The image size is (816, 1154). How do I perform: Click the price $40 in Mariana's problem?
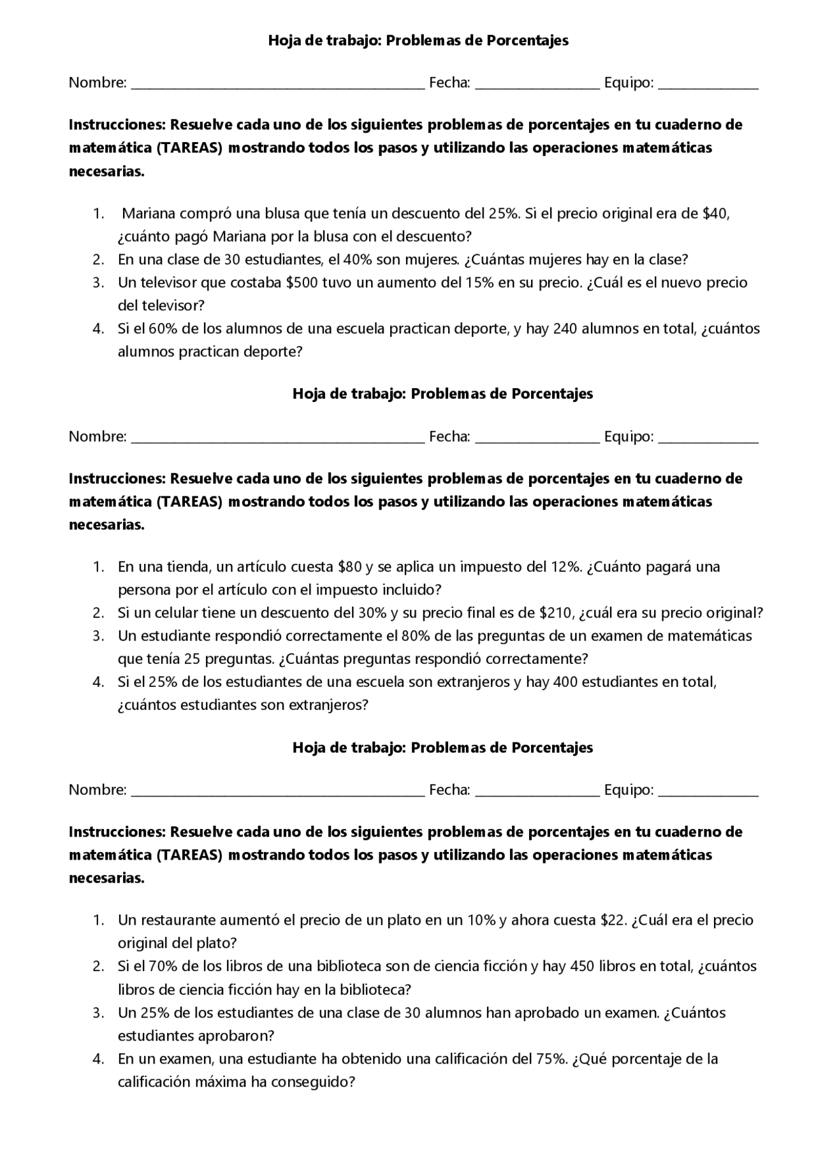click(x=715, y=213)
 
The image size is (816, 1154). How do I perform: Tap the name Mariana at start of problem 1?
click(x=148, y=213)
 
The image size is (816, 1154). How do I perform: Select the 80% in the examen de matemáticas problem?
click(x=416, y=636)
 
